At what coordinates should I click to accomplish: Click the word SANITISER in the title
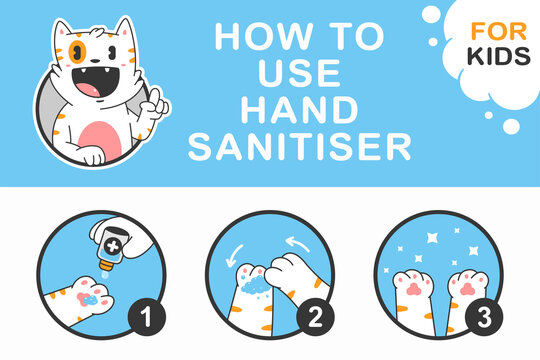point(299,147)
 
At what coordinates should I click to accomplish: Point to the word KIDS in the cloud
point(497,54)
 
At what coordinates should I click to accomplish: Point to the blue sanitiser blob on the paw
point(90,298)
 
